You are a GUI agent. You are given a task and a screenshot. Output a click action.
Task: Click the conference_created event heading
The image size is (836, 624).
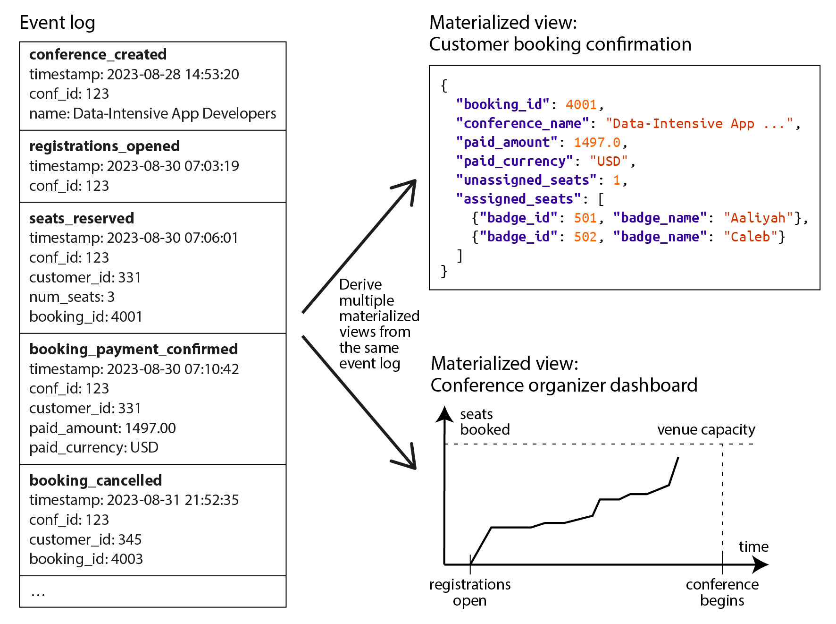coord(98,55)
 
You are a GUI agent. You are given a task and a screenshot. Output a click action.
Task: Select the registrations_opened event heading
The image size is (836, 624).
coord(104,146)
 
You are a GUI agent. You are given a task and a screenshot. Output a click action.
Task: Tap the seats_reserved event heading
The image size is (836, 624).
coord(82,219)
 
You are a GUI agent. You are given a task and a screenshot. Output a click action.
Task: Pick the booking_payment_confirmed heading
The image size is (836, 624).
coord(134,350)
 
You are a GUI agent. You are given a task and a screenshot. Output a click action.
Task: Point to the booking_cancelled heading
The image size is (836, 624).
coord(95,480)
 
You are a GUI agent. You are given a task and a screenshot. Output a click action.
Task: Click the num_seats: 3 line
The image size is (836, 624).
coord(72,297)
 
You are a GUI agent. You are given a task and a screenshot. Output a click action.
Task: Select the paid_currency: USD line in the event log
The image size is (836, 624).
coord(93,447)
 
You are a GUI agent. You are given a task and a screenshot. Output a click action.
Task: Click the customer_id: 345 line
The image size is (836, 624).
coord(85,539)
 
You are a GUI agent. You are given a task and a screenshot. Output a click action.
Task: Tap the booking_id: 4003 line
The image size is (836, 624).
coord(86,559)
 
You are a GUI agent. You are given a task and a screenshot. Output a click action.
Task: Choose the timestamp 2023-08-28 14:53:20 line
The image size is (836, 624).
coord(134,75)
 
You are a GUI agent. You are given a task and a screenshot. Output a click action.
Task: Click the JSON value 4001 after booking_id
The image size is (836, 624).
coord(581,104)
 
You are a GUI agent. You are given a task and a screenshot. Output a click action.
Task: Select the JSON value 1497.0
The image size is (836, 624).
coord(597,142)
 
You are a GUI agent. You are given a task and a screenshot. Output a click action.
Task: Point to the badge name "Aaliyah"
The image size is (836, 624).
coord(758,218)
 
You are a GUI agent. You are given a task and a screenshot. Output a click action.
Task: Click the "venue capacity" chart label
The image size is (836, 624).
coord(706,430)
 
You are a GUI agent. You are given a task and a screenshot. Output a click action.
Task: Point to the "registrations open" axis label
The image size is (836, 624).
coord(470,592)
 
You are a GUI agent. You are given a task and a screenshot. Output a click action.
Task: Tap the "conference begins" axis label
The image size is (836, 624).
coord(722,592)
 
